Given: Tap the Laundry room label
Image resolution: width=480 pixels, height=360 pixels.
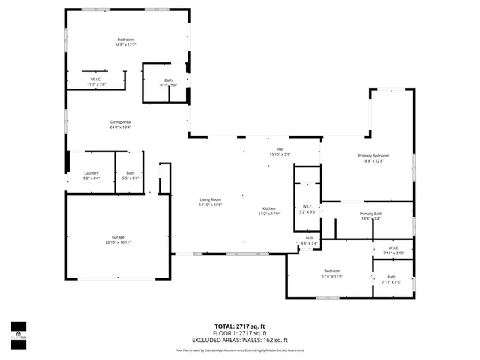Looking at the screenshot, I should (x=91, y=173).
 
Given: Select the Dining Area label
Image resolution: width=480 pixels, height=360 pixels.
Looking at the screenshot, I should (x=121, y=121).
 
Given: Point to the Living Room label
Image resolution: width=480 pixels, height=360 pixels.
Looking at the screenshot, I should (x=210, y=199).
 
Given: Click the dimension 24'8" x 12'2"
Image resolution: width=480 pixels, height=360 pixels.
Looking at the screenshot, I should (x=125, y=46).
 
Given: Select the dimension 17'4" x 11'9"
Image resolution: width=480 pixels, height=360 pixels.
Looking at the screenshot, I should (x=332, y=277).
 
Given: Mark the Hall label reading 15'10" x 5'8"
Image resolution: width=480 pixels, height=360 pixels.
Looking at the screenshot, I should (x=280, y=154).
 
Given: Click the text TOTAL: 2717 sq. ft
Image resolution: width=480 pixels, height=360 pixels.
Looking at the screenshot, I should (x=239, y=326).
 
